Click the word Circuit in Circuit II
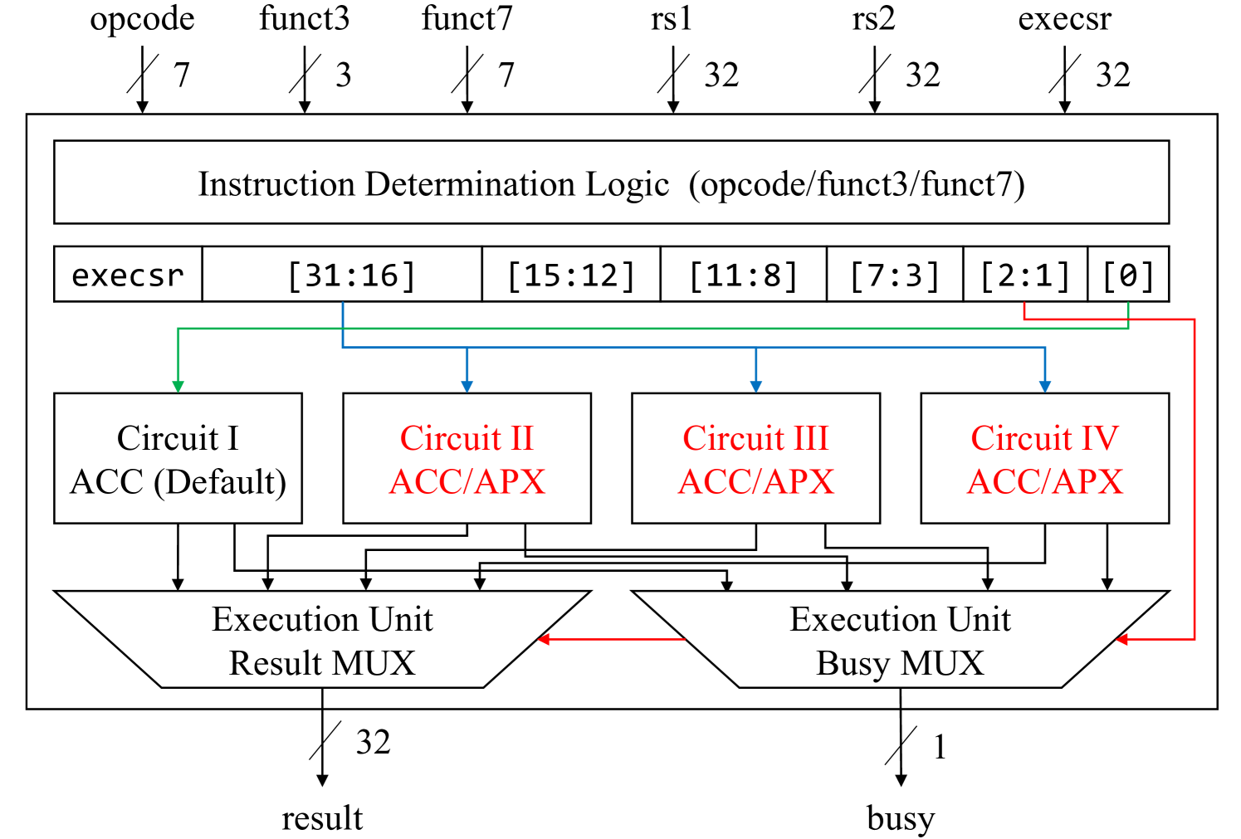(451, 438)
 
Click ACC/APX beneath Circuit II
(467, 482)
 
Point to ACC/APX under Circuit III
(756, 482)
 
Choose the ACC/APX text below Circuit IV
(1045, 482)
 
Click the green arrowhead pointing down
(178, 386)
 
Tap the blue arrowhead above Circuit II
(467, 386)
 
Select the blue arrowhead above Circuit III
(755, 386)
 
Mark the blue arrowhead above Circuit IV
(1045, 386)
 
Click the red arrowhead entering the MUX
(1122, 639)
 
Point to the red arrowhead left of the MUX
(544, 639)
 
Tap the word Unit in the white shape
(980, 619)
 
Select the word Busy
(853, 663)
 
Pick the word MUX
(942, 663)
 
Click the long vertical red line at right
(1195, 481)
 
